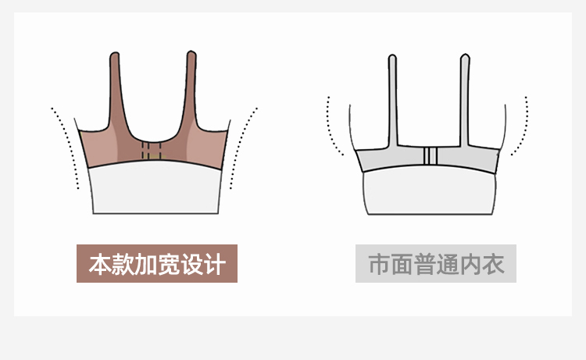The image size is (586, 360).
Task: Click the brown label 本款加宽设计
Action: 156,264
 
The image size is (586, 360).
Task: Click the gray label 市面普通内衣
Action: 436,264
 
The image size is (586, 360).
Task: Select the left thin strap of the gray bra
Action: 392,102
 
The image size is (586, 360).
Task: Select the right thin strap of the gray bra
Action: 465,102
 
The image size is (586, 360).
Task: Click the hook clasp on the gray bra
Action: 428,157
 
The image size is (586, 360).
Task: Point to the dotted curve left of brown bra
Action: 66,148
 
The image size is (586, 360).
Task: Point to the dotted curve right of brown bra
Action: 244,148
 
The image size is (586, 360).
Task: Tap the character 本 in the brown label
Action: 99,264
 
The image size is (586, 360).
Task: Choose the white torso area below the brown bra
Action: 155,191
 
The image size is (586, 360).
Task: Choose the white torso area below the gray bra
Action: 428,194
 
